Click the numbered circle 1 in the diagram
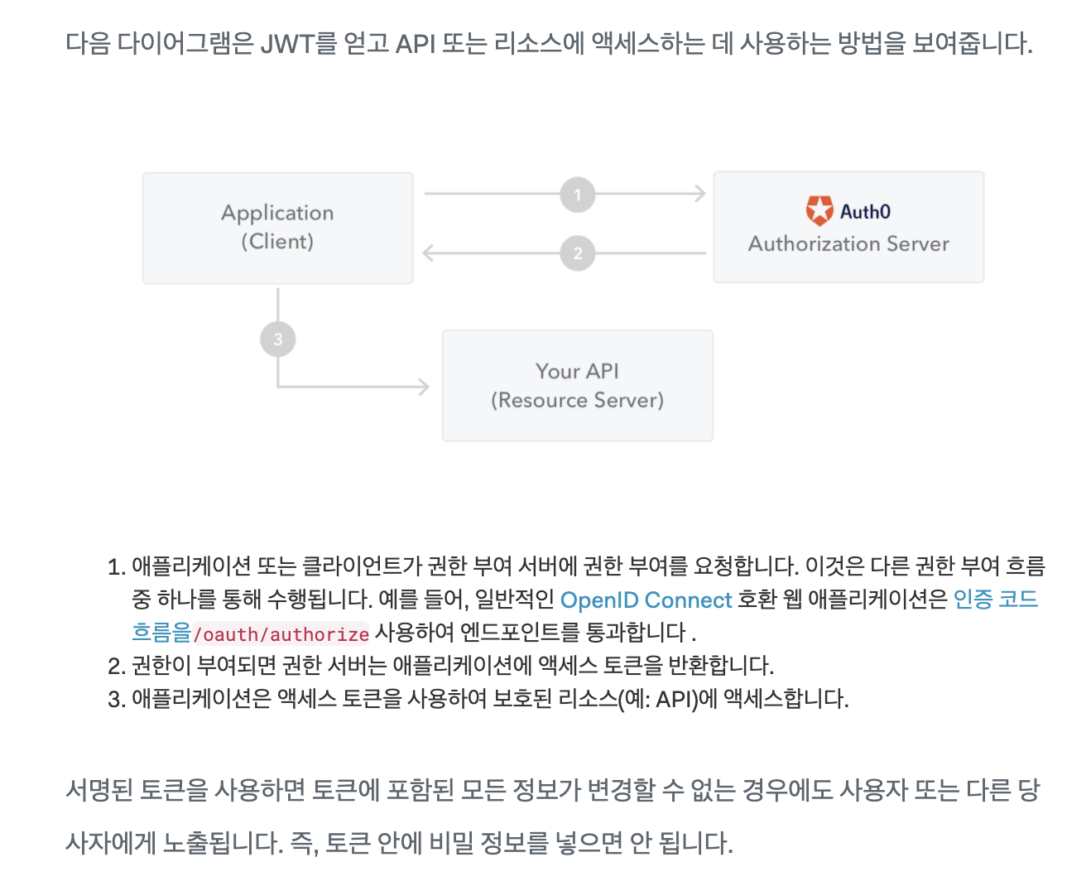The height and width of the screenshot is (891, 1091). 577,195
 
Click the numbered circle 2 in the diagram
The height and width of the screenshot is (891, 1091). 577,253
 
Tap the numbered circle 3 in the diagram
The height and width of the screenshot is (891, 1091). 277,340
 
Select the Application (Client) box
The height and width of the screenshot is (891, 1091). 277,228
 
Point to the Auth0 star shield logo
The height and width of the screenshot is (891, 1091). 819,211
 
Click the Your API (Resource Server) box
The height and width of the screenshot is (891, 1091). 577,386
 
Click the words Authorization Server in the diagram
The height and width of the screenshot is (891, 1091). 848,244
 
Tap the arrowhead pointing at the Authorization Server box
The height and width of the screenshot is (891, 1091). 700,195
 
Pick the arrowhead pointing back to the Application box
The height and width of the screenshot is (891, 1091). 428,253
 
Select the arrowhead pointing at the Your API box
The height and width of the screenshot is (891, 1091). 424,386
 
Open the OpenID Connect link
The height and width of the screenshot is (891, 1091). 646,600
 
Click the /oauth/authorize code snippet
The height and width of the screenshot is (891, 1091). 281,634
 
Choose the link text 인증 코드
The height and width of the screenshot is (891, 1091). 995,600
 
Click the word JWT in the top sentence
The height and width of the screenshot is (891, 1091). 286,43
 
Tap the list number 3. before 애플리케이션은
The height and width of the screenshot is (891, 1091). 116,700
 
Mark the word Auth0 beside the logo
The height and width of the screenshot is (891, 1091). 865,212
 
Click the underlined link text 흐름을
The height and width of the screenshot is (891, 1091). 161,633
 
